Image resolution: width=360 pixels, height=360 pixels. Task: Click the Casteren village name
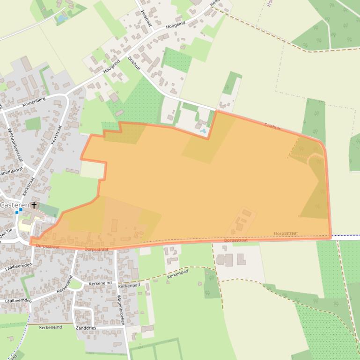(15, 205)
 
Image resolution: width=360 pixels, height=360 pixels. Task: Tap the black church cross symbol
(34, 205)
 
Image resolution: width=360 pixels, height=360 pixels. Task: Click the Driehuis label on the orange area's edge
(273, 126)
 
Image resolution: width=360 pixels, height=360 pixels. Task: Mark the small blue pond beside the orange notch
(202, 131)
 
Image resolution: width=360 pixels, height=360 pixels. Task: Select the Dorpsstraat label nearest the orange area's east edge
(286, 233)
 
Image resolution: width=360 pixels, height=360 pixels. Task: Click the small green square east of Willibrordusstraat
(33, 123)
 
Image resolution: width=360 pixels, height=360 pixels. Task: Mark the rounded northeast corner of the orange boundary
(322, 144)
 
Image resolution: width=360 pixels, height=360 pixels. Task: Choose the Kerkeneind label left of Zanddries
(51, 327)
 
